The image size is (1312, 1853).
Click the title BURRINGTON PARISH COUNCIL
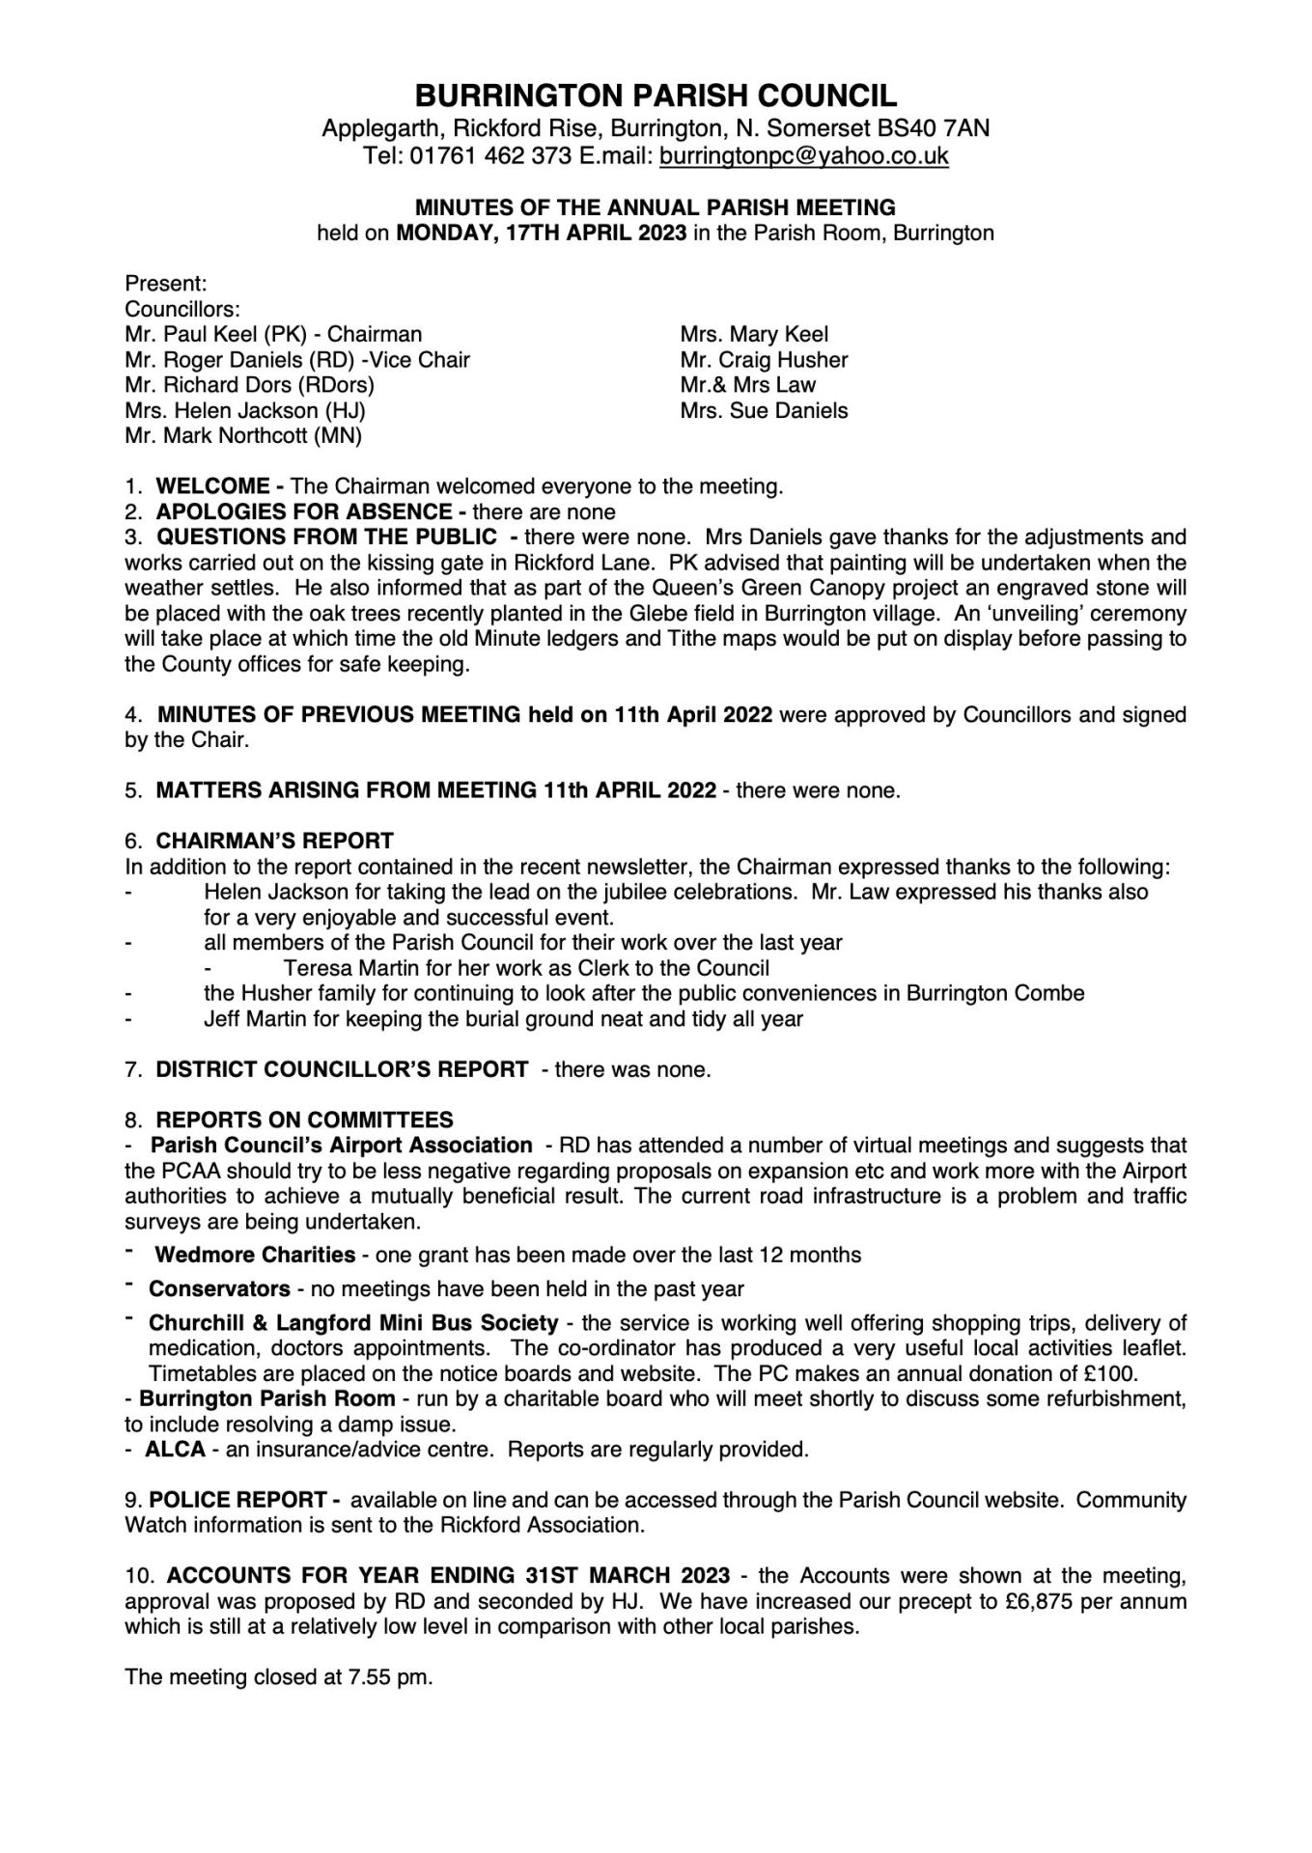(656, 96)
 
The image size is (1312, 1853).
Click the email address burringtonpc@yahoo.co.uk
(803, 156)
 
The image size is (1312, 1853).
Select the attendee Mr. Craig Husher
(764, 360)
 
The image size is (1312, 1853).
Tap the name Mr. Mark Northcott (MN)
(243, 435)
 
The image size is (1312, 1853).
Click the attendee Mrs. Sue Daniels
(764, 410)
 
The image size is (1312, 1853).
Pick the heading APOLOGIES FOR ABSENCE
(304, 512)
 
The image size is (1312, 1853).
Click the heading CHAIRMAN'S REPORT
(274, 841)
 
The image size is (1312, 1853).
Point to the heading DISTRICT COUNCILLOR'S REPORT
(342, 1069)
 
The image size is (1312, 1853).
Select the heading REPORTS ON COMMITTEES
(304, 1120)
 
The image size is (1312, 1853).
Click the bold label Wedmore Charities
(255, 1255)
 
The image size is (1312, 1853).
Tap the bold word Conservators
(219, 1288)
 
